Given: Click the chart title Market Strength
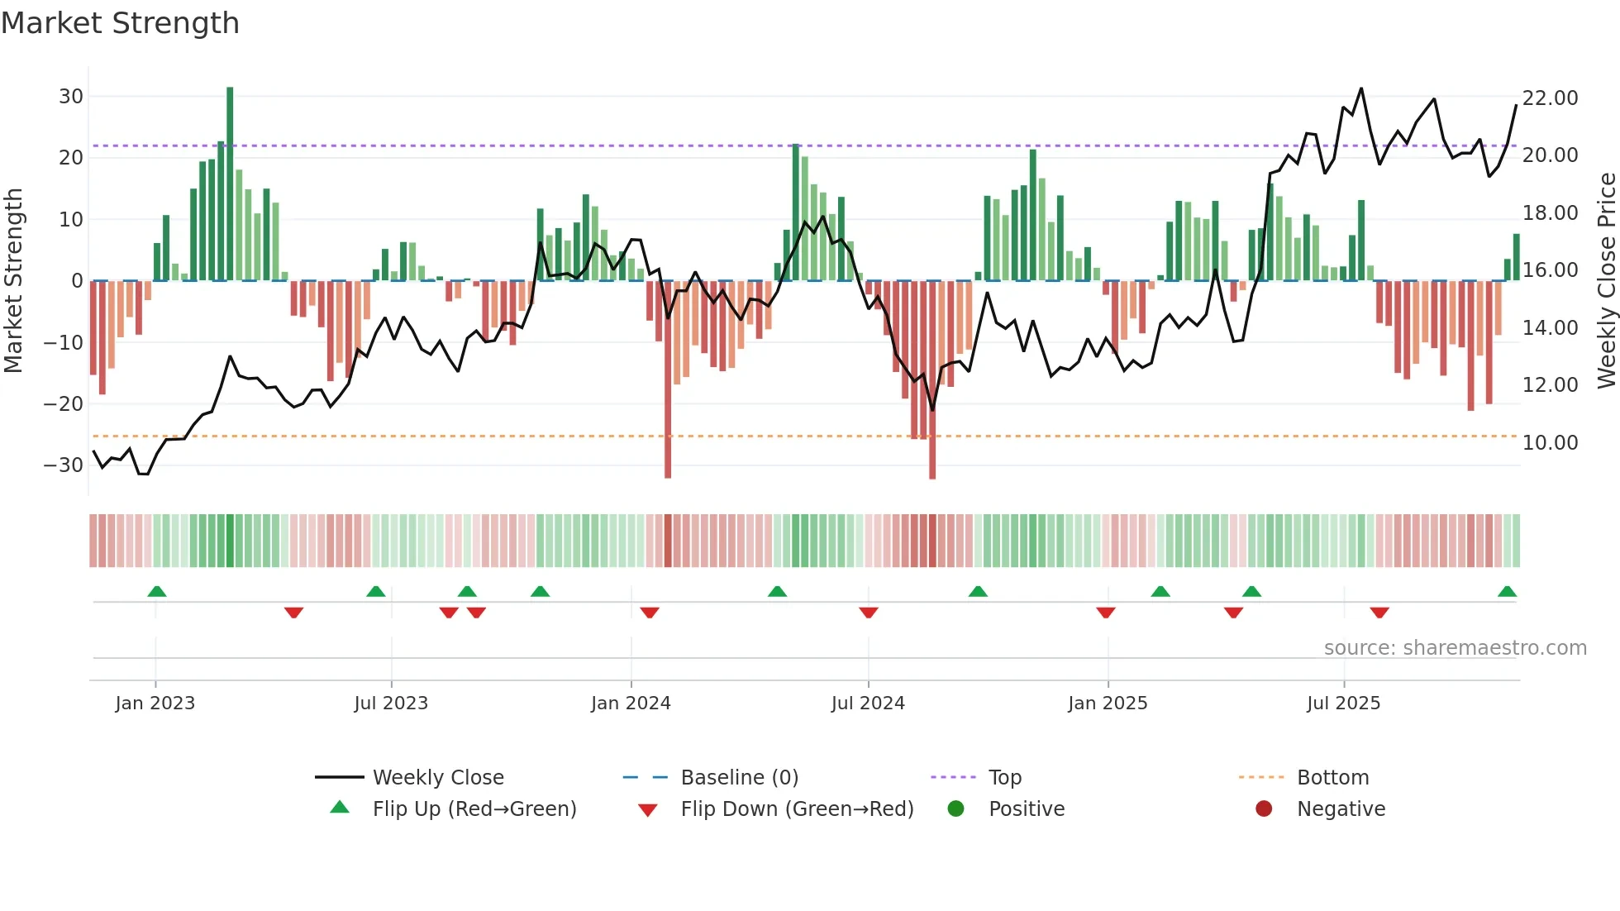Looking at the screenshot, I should coord(121,23).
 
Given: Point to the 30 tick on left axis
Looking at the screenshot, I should coord(71,97).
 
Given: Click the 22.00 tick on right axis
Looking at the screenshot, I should coord(1550,98).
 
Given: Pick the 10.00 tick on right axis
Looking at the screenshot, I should coord(1550,443).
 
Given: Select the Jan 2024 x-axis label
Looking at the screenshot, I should coord(631,704).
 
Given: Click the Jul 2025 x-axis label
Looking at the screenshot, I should coord(1343,704).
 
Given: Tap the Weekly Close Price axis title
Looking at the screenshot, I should coord(1606,281).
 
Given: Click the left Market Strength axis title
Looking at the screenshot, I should coord(14,281).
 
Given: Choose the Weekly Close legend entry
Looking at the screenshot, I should coord(437,778).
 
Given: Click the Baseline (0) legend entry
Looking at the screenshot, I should coord(739,778).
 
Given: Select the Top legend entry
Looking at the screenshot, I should coord(1004,778).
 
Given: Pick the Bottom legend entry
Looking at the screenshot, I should coord(1332,778).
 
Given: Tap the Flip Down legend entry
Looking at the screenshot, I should coord(796,809).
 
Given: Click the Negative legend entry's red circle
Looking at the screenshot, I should coord(1264,809).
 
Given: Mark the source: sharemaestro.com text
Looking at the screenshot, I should coord(1455,648).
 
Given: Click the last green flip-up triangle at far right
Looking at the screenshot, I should coord(1507,592).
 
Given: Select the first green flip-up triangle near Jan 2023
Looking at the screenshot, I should coord(157,592).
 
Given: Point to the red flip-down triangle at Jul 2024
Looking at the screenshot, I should coord(868,613).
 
